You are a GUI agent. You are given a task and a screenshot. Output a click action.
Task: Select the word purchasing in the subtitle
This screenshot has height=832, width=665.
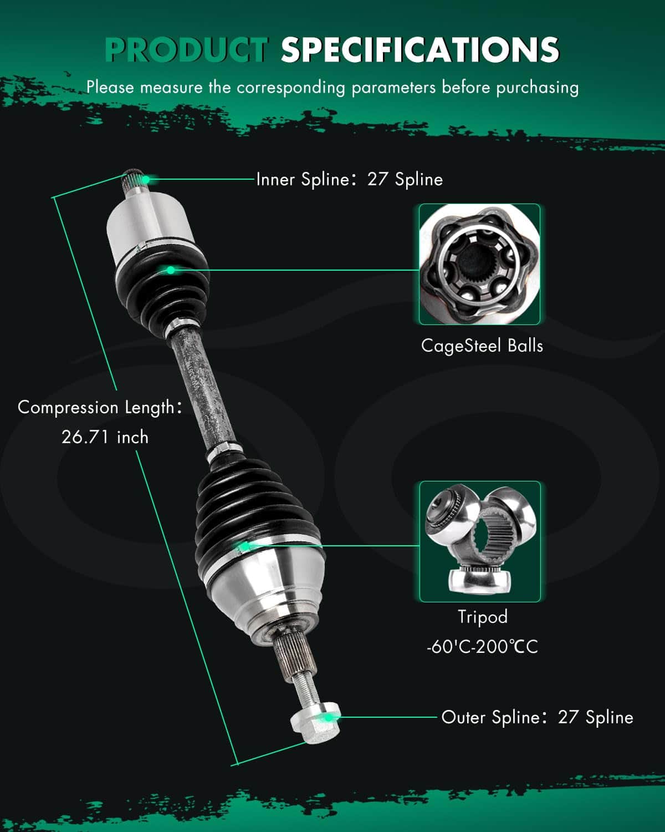(537, 88)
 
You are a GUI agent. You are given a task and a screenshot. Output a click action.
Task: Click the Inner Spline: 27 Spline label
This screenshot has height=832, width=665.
(349, 179)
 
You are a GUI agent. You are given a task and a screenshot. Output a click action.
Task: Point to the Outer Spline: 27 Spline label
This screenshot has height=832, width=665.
(537, 717)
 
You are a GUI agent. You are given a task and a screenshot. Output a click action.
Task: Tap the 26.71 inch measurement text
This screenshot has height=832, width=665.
(105, 437)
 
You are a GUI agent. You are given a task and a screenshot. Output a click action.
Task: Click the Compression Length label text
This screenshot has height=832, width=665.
(100, 408)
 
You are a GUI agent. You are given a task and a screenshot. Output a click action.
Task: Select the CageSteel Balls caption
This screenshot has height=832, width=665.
(482, 346)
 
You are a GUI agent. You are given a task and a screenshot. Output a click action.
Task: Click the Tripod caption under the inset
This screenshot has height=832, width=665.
(482, 617)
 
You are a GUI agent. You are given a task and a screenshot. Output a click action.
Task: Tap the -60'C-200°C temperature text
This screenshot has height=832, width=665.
(482, 646)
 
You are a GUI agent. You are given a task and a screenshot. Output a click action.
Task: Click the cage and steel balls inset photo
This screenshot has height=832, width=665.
(479, 264)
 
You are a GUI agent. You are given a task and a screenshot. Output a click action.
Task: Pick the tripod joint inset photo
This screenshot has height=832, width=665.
(480, 541)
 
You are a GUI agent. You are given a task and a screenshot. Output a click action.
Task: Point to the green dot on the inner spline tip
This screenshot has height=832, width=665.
(145, 179)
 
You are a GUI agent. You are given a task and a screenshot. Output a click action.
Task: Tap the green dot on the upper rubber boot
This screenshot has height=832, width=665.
(170, 270)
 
